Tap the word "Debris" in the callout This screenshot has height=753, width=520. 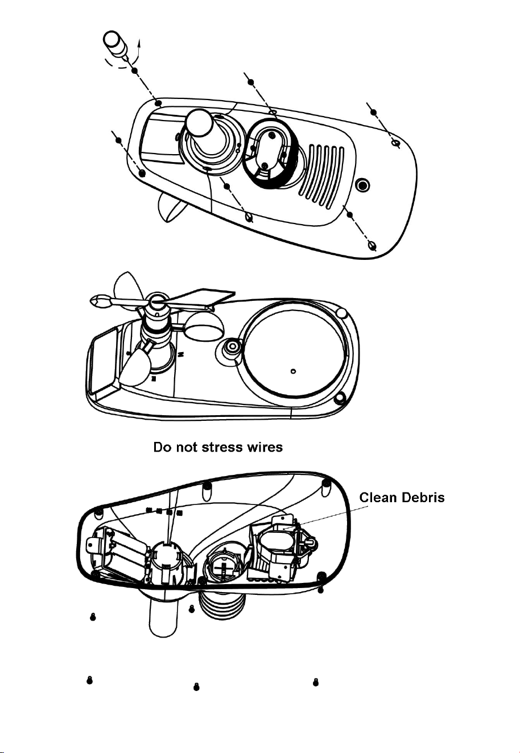[x=423, y=497]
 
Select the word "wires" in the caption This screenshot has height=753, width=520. [x=265, y=448]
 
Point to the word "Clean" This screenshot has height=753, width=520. [x=379, y=497]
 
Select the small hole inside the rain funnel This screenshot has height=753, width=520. [x=293, y=371]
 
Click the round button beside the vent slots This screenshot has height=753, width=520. [x=363, y=184]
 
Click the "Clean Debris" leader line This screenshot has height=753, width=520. [x=325, y=518]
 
